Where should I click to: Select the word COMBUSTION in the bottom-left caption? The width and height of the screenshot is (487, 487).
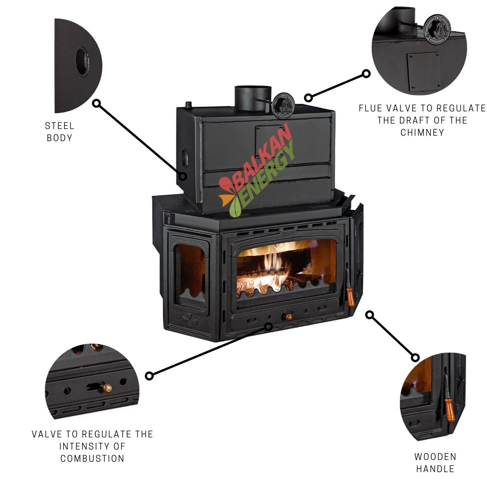[92, 459]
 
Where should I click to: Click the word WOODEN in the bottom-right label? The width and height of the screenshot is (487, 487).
[435, 457]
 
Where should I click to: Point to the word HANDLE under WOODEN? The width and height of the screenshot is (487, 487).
[435, 469]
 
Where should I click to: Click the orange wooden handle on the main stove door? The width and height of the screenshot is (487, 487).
[350, 293]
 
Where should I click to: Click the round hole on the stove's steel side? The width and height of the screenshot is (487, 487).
[184, 158]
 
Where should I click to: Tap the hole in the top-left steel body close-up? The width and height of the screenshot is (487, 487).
[82, 60]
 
